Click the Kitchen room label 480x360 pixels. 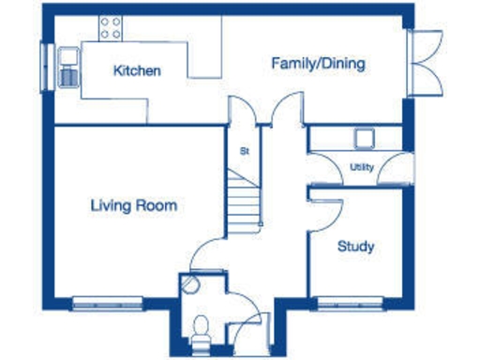(x=137, y=70)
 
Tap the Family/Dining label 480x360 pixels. (x=318, y=64)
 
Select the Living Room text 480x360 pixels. (x=134, y=205)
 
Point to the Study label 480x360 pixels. (x=355, y=247)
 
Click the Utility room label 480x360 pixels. (x=361, y=167)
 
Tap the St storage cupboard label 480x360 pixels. (x=244, y=150)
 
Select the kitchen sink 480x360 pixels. (x=69, y=69)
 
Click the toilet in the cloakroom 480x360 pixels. (x=199, y=328)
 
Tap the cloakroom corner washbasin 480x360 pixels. (x=190, y=283)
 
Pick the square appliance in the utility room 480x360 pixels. (x=364, y=138)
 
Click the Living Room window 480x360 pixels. (x=108, y=303)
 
